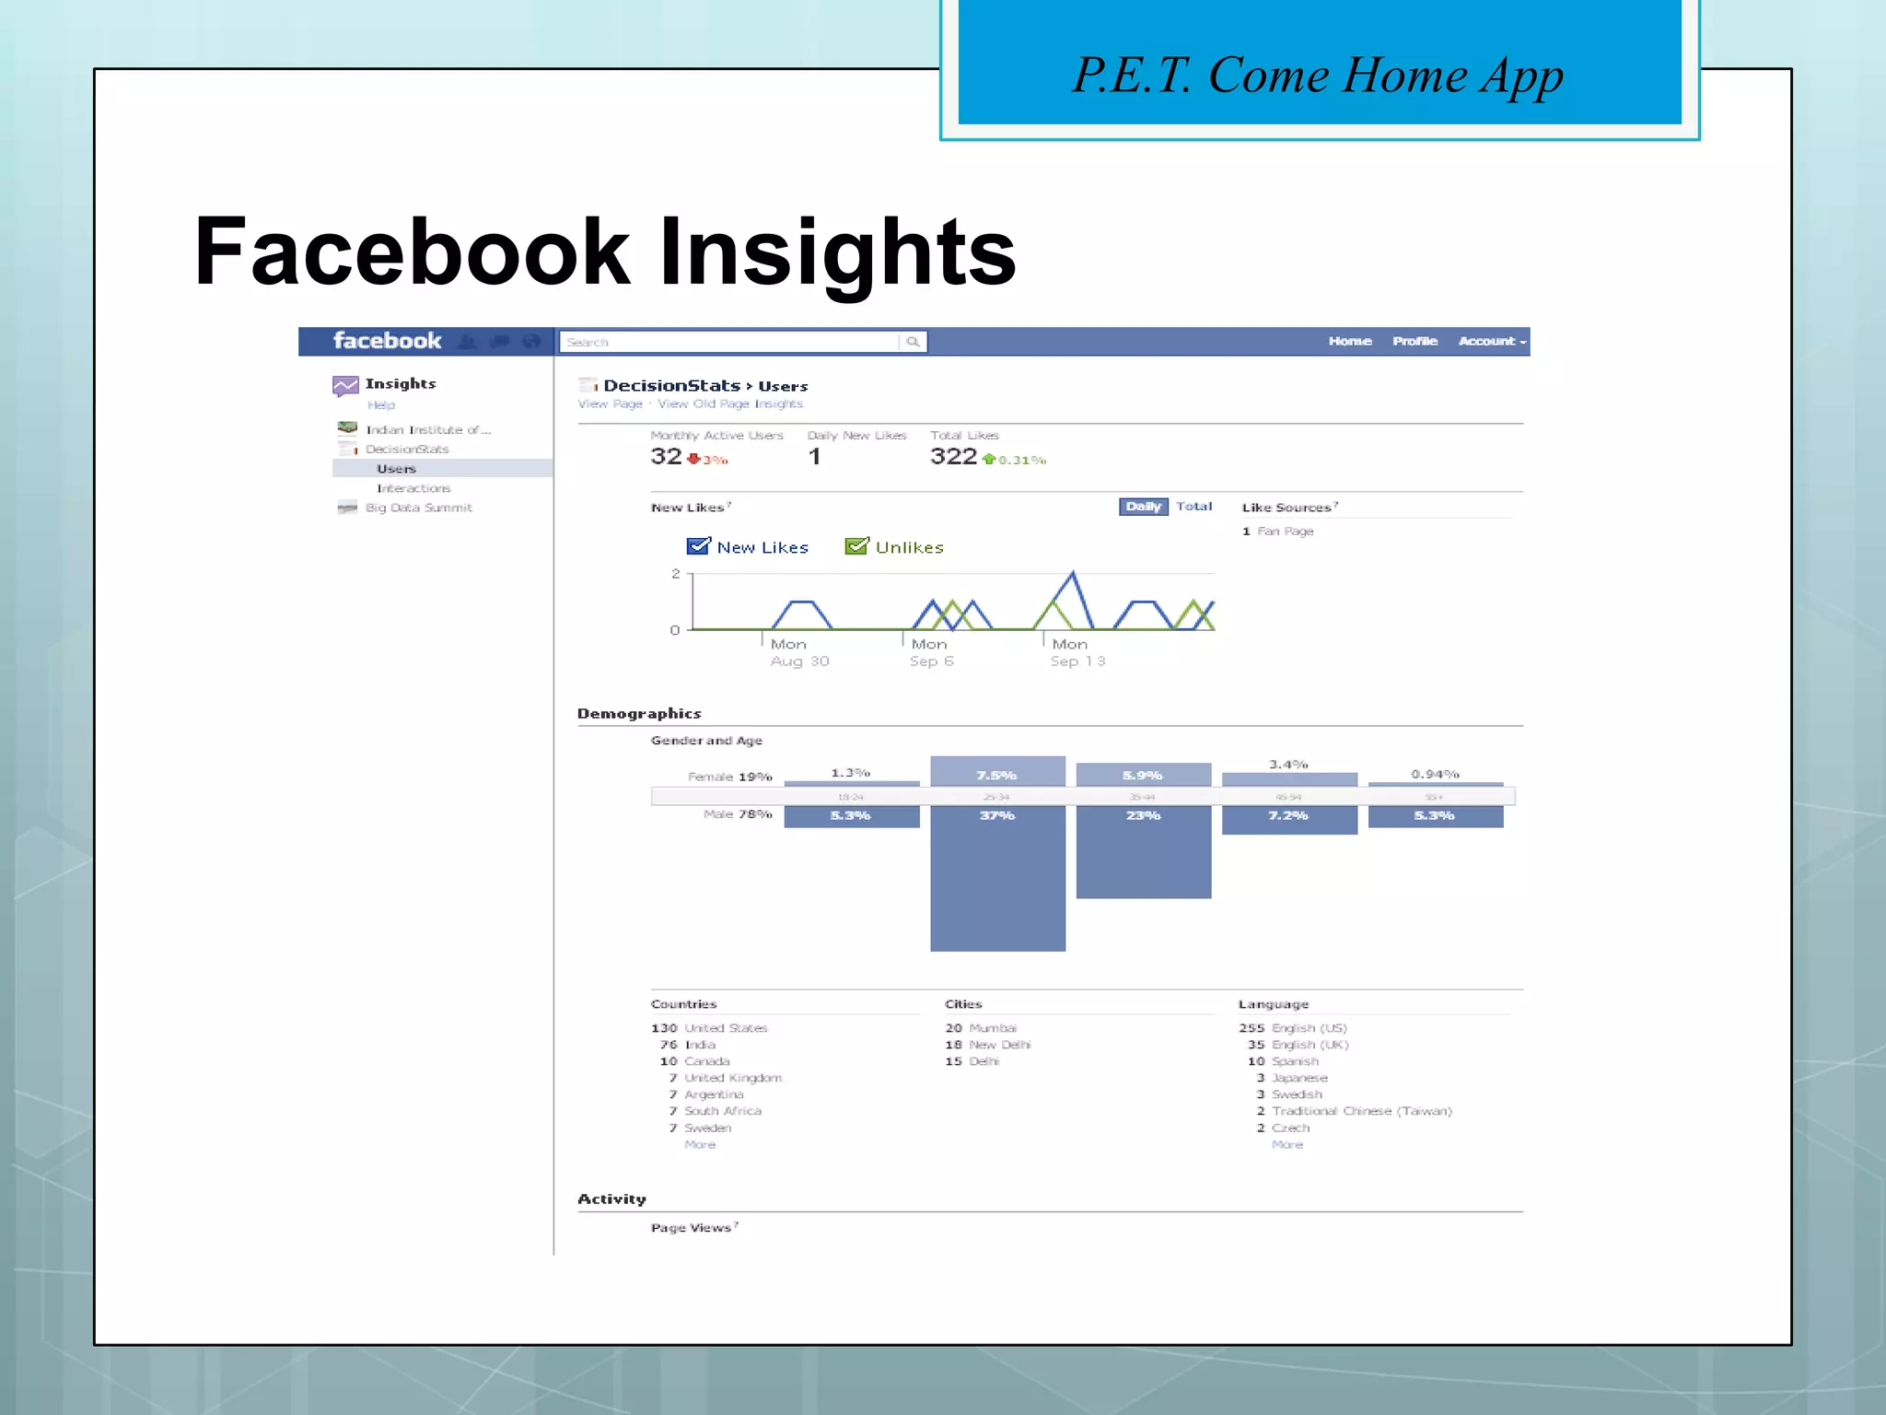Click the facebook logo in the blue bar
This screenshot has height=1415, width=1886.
[387, 341]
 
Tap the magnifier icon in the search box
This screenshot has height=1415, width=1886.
[913, 342]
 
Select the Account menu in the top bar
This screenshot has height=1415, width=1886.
[1491, 341]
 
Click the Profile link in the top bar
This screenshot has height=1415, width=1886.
[1414, 341]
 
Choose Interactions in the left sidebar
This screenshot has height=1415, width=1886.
[413, 488]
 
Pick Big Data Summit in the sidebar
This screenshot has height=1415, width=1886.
[418, 508]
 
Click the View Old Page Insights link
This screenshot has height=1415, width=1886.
[730, 403]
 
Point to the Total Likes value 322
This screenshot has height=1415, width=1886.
[953, 456]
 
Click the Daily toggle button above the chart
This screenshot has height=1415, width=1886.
[1143, 507]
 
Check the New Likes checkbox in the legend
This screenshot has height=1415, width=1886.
[699, 546]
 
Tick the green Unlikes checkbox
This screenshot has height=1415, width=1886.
[856, 546]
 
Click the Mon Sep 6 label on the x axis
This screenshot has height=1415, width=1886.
[931, 652]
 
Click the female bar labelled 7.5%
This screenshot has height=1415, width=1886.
[997, 771]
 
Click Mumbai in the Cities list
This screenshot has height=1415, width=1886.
[993, 1028]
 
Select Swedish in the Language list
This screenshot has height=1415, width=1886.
[1297, 1094]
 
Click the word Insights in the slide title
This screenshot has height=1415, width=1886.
[837, 251]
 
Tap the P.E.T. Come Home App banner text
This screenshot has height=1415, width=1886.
[1318, 76]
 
